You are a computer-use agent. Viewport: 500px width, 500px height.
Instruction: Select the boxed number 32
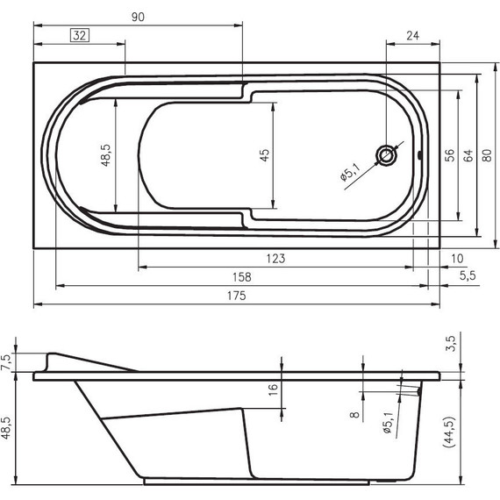[79, 36]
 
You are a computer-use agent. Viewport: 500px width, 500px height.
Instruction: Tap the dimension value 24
[412, 36]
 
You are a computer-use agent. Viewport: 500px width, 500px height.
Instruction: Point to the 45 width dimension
[264, 156]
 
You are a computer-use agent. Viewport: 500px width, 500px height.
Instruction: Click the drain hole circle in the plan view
[387, 156]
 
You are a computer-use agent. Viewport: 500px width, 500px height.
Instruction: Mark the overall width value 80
[487, 154]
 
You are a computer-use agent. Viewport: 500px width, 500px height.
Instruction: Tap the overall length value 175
[235, 296]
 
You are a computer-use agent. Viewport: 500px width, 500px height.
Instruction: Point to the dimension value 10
[456, 258]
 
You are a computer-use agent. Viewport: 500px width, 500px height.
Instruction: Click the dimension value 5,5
[467, 276]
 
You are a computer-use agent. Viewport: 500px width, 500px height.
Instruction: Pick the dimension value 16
[273, 386]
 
